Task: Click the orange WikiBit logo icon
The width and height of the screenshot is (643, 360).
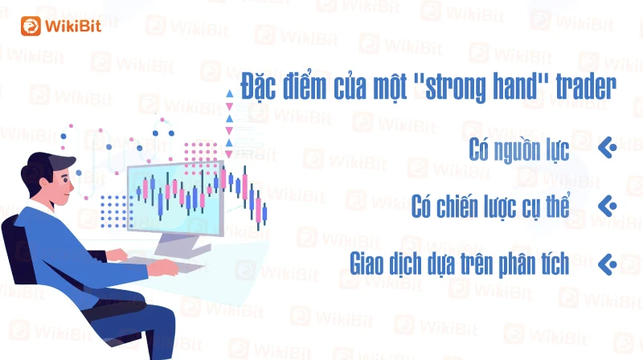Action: [x=31, y=27]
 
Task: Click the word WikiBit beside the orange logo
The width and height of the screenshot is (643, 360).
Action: [x=73, y=27]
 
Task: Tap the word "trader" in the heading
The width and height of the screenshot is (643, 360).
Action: [x=586, y=87]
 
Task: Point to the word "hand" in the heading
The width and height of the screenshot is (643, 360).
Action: [x=514, y=86]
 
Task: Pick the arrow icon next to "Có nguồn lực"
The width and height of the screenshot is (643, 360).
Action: [x=608, y=148]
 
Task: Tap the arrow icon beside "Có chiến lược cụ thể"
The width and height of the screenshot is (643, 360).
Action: [x=608, y=206]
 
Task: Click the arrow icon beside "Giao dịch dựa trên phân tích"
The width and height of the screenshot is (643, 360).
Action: [x=608, y=264]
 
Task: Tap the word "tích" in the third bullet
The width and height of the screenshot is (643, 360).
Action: [x=555, y=263]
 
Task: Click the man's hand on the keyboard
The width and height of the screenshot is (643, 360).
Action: [x=163, y=267]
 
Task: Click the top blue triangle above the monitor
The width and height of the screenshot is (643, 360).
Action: [x=230, y=93]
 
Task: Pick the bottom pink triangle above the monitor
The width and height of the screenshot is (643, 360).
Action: [x=230, y=154]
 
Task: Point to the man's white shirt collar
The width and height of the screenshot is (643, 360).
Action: [x=41, y=207]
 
